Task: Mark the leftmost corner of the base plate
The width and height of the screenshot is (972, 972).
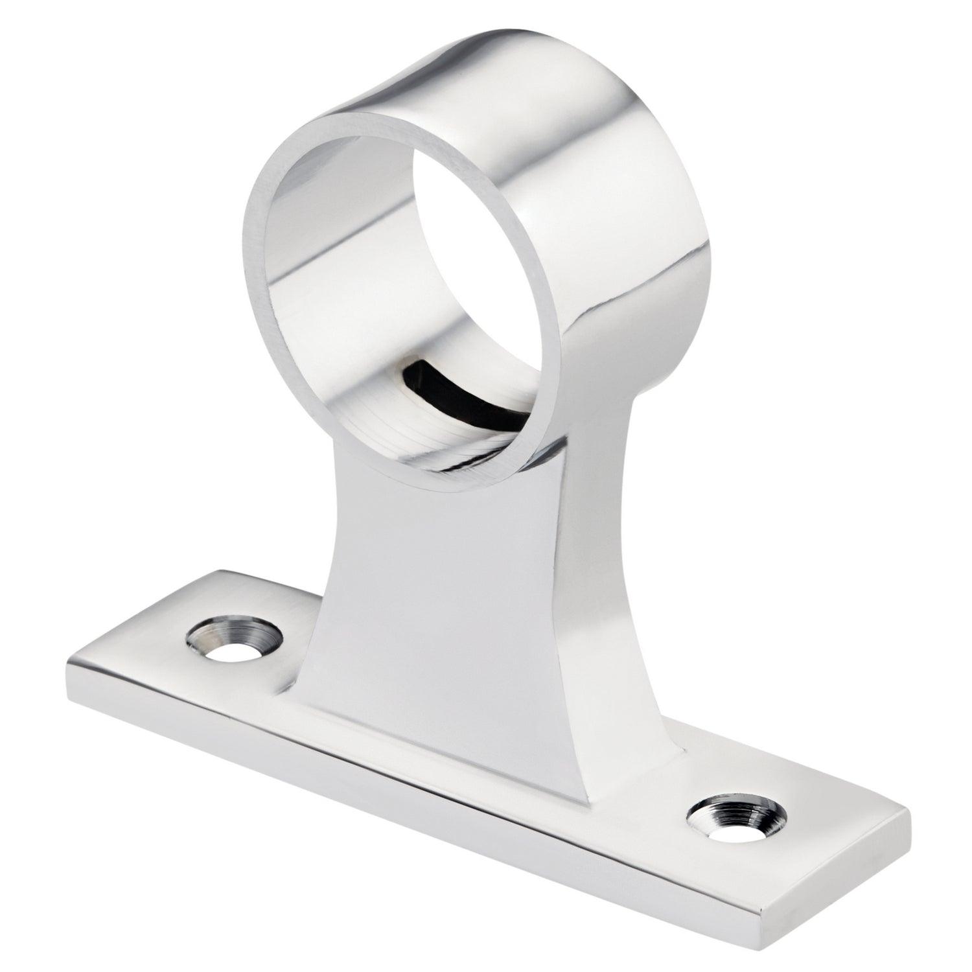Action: [68, 664]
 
